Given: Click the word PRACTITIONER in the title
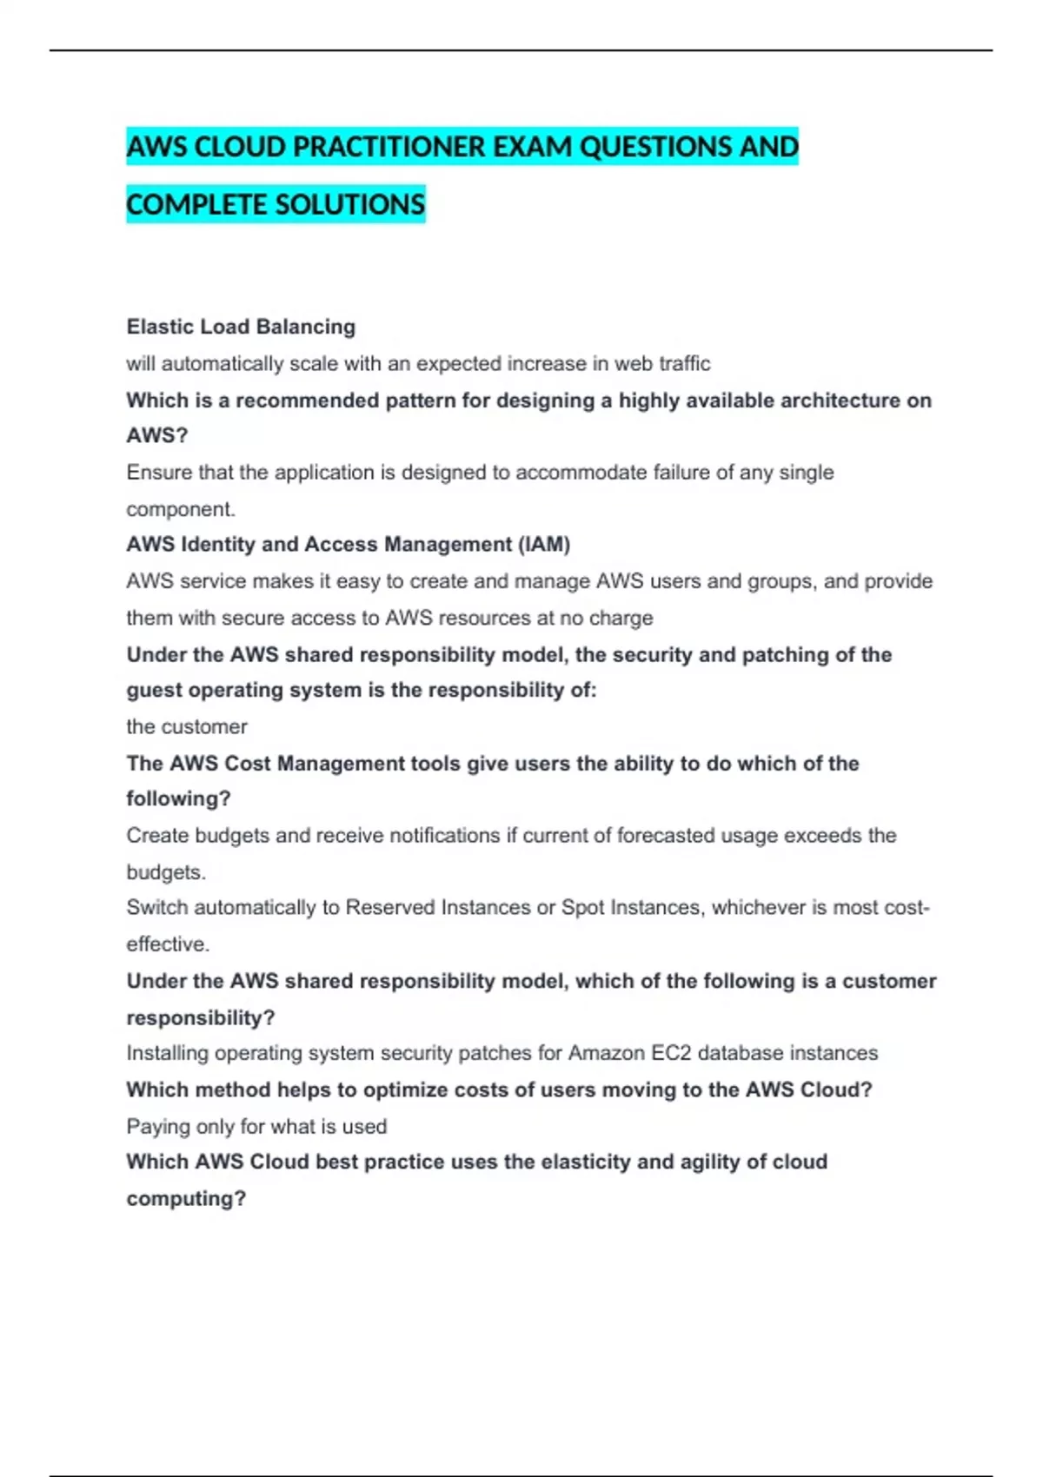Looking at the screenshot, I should [390, 147].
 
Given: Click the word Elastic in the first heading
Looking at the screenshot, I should [160, 327].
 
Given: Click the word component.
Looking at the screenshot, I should [180, 509].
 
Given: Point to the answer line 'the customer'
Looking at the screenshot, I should [187, 726].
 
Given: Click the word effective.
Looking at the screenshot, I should [167, 944].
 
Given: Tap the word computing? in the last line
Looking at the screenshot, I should [186, 1199].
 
